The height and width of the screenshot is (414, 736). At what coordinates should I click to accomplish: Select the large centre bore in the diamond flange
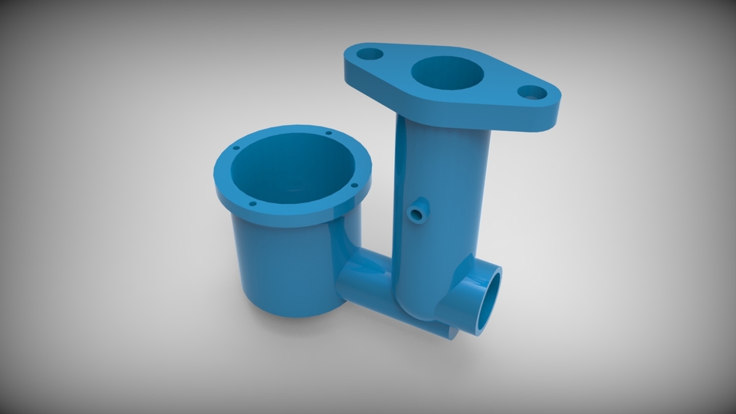448,74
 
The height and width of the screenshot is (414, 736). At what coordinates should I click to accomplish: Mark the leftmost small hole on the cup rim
235,147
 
